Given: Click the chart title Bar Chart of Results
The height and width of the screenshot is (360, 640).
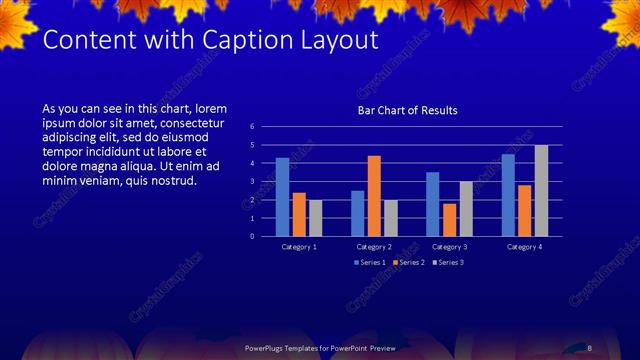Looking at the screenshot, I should coord(407,110).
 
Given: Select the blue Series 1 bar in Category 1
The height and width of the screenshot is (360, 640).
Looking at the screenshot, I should coord(283,197).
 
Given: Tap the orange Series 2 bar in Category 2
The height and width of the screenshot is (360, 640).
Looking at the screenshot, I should coord(374,196).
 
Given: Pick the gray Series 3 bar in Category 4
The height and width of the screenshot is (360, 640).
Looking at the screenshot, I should coord(541,191).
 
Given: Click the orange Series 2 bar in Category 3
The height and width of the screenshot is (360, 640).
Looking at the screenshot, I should coord(450,220).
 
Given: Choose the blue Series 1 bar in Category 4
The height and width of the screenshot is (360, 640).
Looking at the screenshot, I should coord(508,195).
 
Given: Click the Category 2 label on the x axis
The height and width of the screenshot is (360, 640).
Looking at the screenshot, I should coord(374,246).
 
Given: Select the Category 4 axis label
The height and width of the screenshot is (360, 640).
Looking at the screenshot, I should coord(524,246).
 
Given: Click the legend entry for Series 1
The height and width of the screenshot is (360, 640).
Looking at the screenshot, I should coord(370,262).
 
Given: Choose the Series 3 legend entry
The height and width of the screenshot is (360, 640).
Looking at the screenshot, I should coord(450,262).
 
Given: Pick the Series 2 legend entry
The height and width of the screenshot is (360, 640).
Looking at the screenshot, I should coord(410,262).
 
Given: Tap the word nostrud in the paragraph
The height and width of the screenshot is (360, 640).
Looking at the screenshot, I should coord(176,181).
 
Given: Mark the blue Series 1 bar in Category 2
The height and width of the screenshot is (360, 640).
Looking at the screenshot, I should coord(358,213).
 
